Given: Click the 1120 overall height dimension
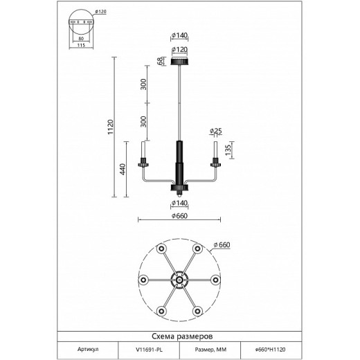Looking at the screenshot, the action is click(111, 127).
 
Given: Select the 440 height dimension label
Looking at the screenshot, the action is click(123, 169).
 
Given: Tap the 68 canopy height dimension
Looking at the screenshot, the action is click(160, 61).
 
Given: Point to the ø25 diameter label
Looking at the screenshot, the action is click(216, 131).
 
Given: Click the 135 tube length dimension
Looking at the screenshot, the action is click(228, 150).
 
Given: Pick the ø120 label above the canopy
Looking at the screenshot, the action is click(180, 50).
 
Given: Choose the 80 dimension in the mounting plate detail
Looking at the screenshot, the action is click(81, 39).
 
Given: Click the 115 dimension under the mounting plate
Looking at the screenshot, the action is click(81, 45).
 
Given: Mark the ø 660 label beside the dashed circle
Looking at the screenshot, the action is click(222, 245).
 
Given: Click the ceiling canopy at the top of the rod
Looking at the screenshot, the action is click(180, 62).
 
